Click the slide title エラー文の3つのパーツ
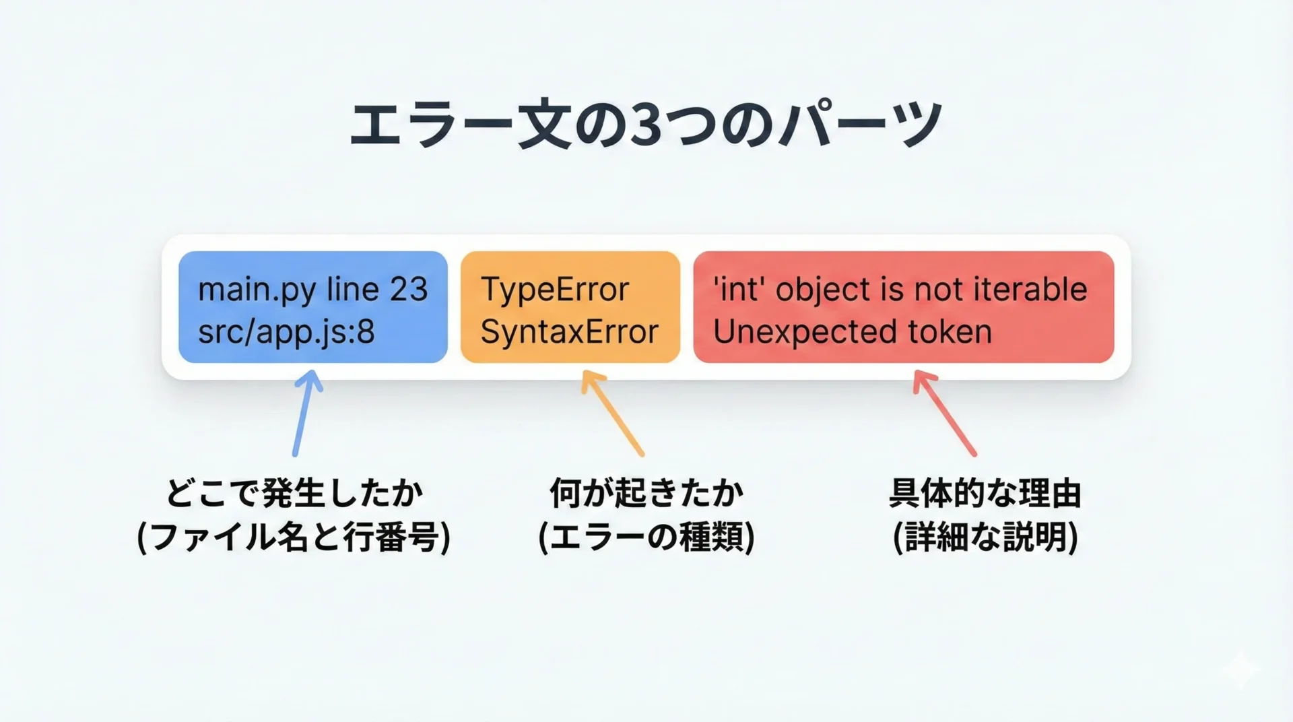(646, 125)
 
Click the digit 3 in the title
(646, 125)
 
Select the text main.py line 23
(313, 290)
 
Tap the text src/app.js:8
(286, 332)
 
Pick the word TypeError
(555, 290)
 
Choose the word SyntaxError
(569, 332)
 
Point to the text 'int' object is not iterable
(900, 290)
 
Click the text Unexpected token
(853, 331)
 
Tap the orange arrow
(612, 413)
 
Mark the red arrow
(944, 413)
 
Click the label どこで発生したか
(294, 494)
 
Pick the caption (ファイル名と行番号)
(294, 537)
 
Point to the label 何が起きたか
(646, 494)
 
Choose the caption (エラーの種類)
(646, 537)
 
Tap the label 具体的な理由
(985, 494)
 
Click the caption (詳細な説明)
(985, 537)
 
